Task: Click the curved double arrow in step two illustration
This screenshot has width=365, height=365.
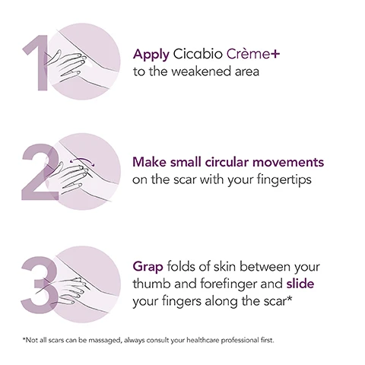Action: pos(80,161)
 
